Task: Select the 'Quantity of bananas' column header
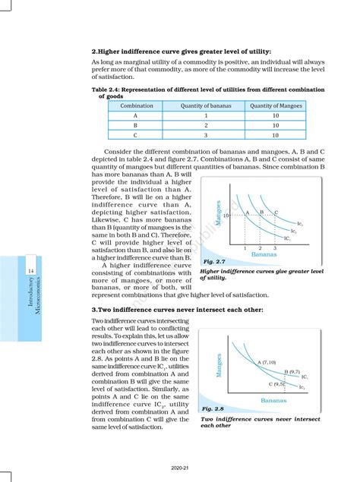[x=206, y=106]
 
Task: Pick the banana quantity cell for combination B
[x=206, y=125]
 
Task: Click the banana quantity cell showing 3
[x=206, y=136]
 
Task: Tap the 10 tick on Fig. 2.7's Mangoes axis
[x=226, y=216]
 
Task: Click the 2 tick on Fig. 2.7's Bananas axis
[x=260, y=248]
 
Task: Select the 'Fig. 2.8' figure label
[x=213, y=408]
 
